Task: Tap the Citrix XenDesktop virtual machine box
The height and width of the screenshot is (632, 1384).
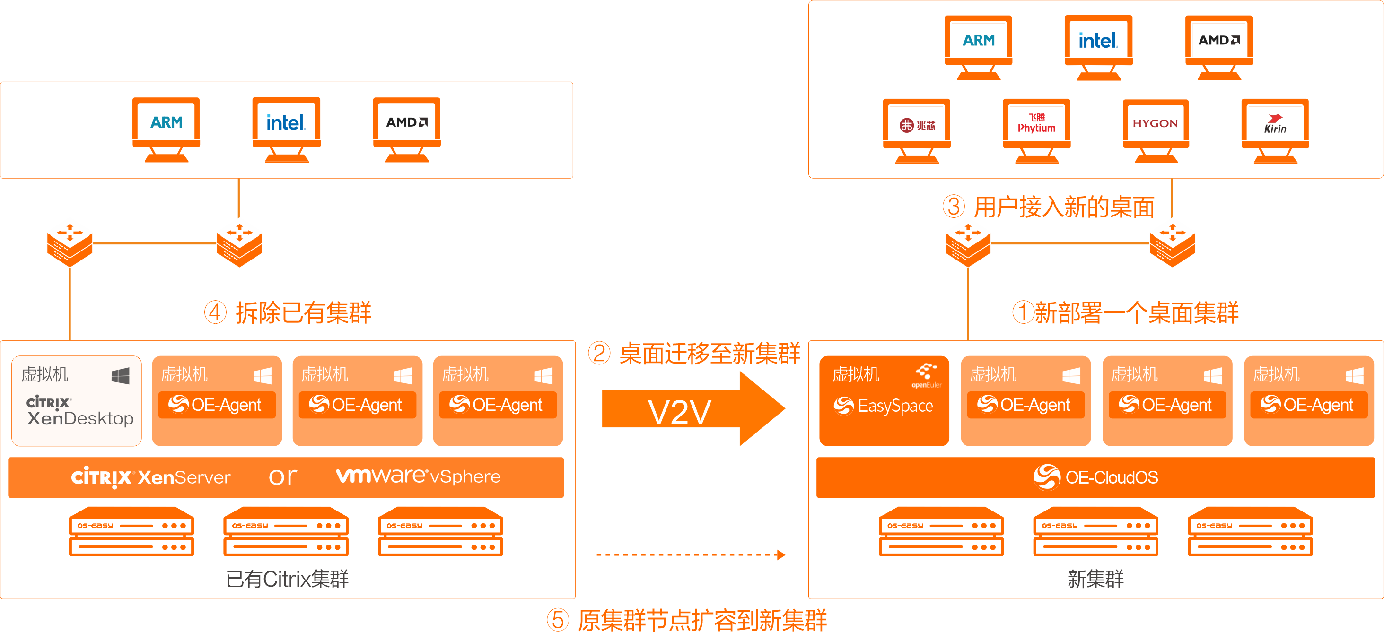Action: pos(77,400)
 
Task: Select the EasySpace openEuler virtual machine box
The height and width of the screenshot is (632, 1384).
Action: pos(884,400)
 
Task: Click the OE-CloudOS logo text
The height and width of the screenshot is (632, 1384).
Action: pos(1096,477)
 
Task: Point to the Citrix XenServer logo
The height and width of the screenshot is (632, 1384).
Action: pos(151,477)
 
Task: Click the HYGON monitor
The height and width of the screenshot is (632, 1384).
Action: pos(1156,130)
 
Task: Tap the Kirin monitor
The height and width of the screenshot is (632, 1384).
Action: pos(1275,130)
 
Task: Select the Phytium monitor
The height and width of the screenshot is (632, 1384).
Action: pos(1036,130)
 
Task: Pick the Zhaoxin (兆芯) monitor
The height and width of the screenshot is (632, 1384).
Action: pos(917,130)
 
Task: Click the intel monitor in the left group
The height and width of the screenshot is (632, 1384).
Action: pos(286,128)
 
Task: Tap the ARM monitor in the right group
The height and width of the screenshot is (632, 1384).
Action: pos(978,46)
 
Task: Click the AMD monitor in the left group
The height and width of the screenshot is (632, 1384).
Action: pos(407,128)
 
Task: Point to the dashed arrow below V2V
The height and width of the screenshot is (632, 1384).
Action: pos(691,554)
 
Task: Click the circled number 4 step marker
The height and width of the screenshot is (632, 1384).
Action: pos(215,312)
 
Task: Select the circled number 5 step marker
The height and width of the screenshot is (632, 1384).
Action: pos(558,620)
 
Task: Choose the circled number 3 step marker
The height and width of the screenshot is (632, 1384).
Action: pos(954,207)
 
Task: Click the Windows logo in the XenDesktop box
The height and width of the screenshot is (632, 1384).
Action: pos(120,376)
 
